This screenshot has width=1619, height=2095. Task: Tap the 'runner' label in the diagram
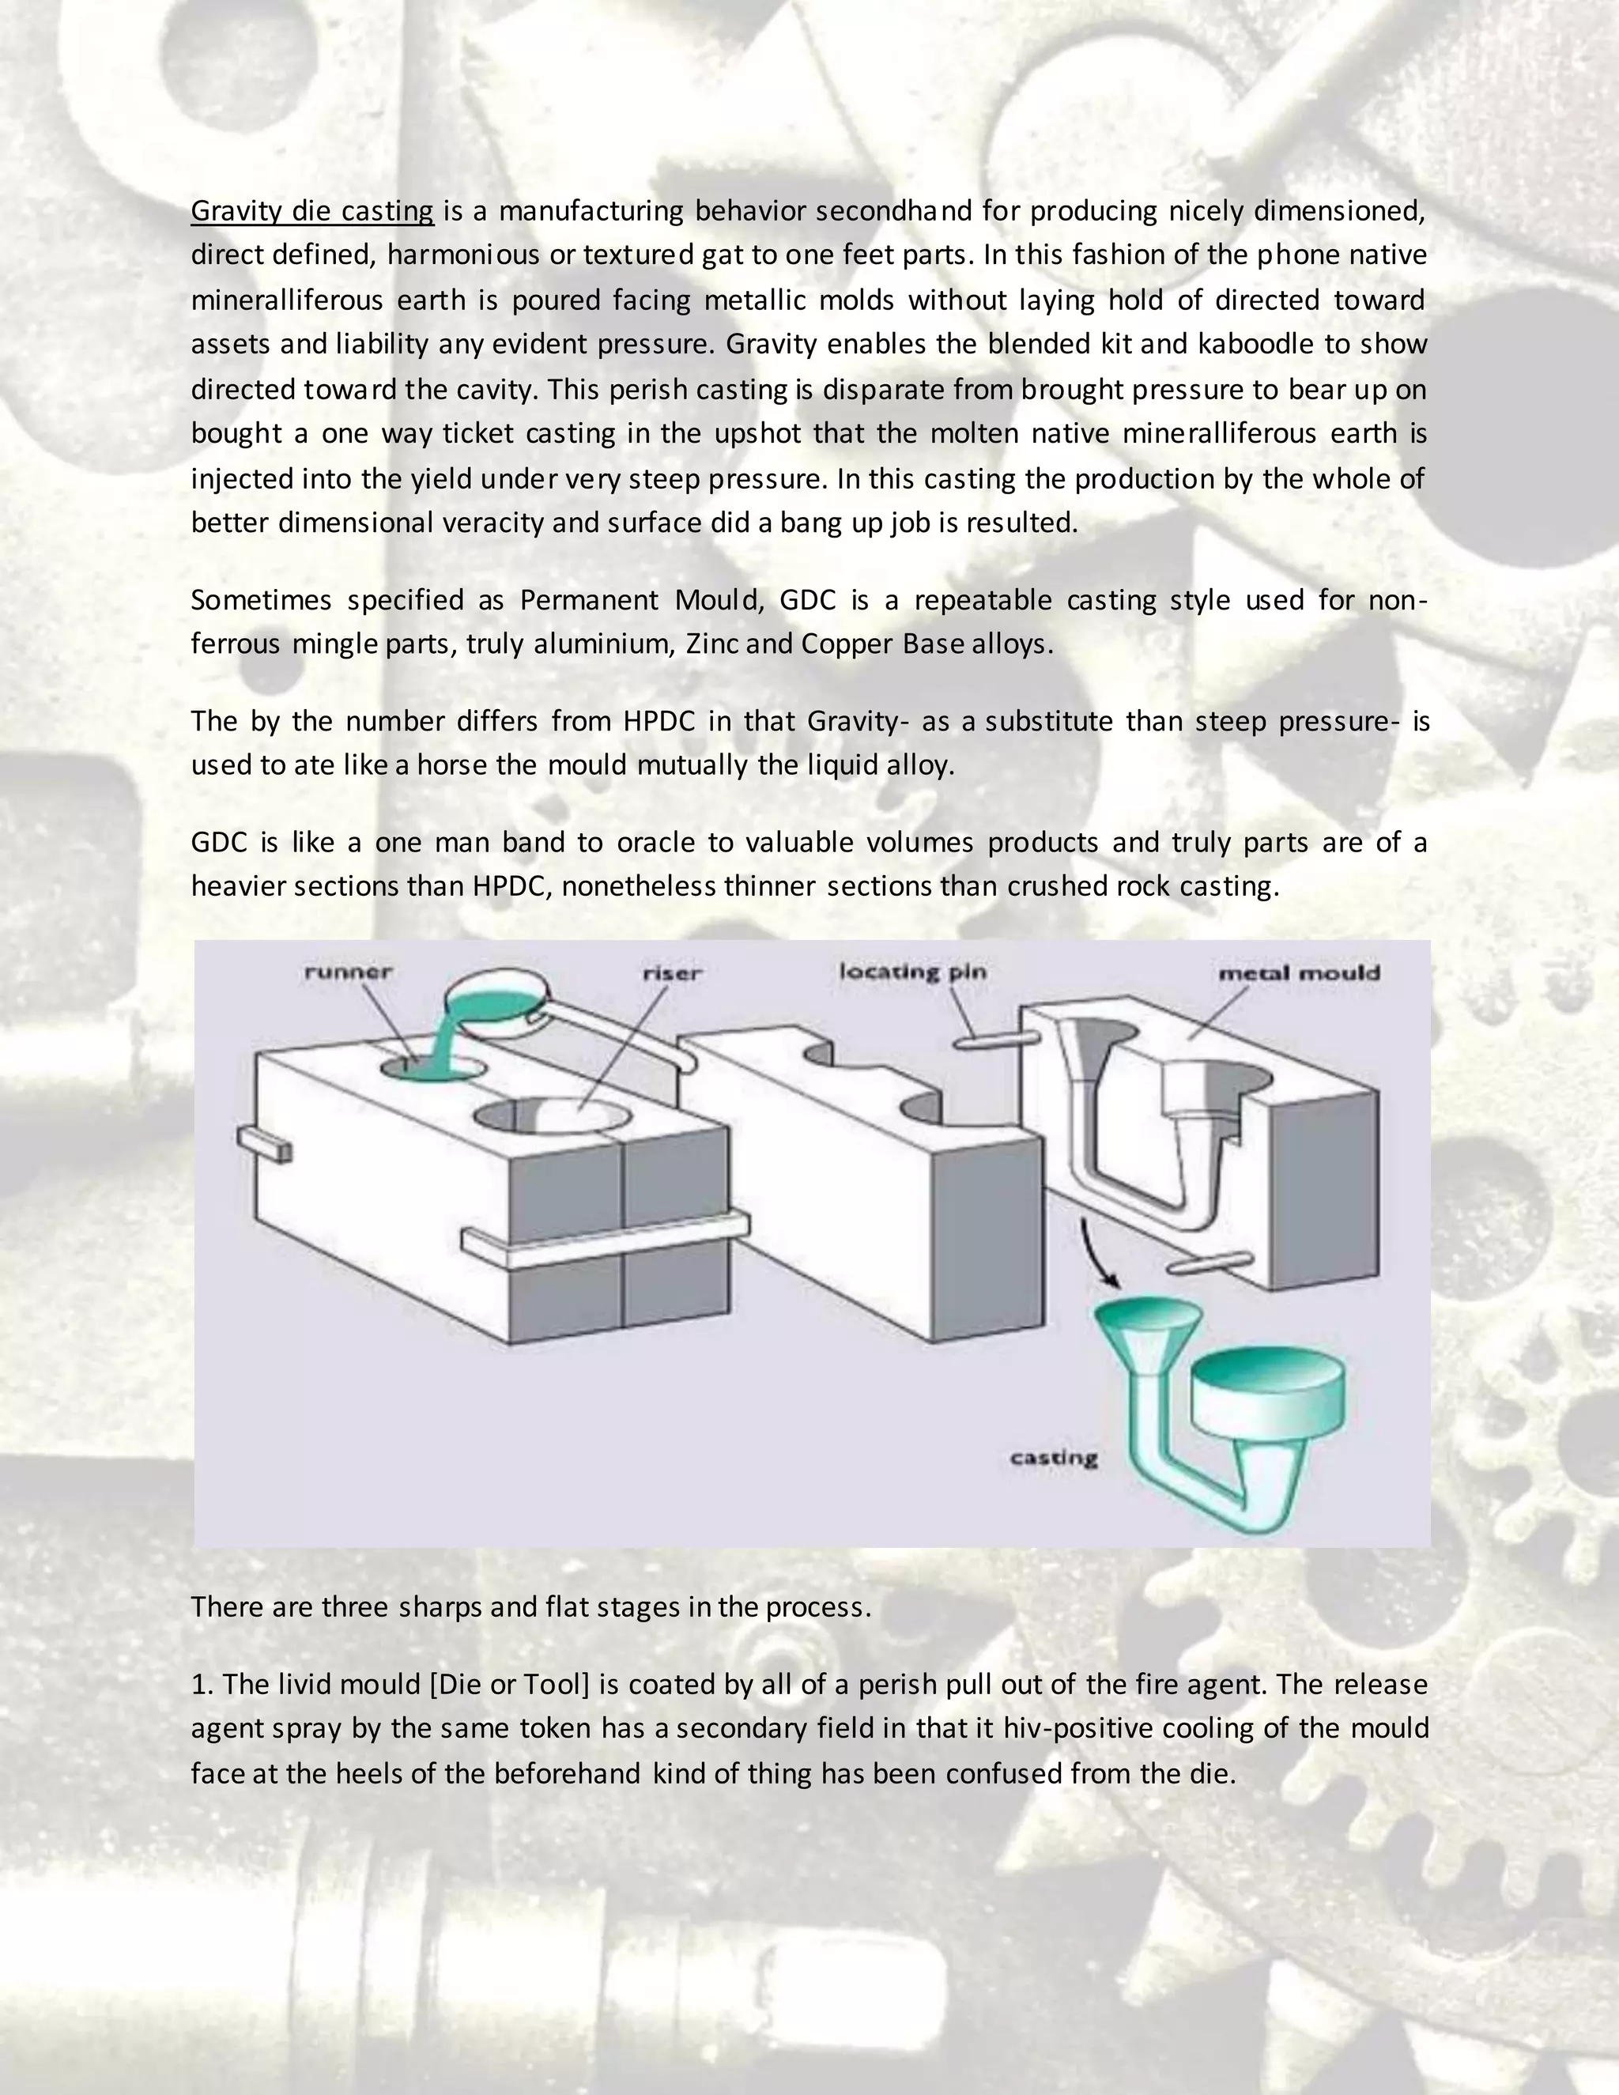[348, 972]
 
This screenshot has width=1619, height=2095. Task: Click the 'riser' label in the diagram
[673, 972]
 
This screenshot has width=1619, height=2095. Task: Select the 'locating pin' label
[912, 972]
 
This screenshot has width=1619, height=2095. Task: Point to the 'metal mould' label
[1299, 972]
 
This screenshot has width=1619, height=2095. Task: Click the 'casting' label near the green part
[1053, 1458]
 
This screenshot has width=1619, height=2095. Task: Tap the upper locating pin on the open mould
[994, 1042]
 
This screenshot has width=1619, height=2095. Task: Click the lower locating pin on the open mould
[1210, 1263]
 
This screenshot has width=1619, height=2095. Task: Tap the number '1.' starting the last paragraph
[202, 1685]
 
